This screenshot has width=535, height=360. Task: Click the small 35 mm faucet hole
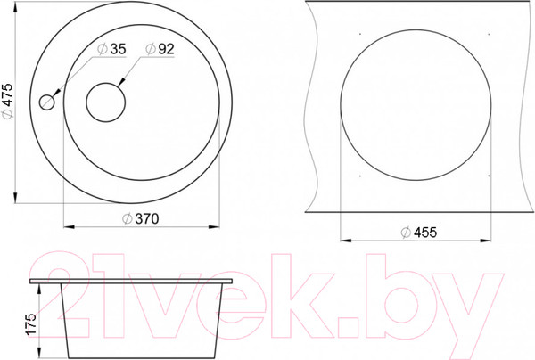[x=48, y=102]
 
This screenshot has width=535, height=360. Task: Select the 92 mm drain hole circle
[x=105, y=102]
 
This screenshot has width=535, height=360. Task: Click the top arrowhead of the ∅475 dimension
[x=17, y=9]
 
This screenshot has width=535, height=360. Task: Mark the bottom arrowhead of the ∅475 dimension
[x=17, y=198]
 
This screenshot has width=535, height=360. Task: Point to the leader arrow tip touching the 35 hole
[x=55, y=96]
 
